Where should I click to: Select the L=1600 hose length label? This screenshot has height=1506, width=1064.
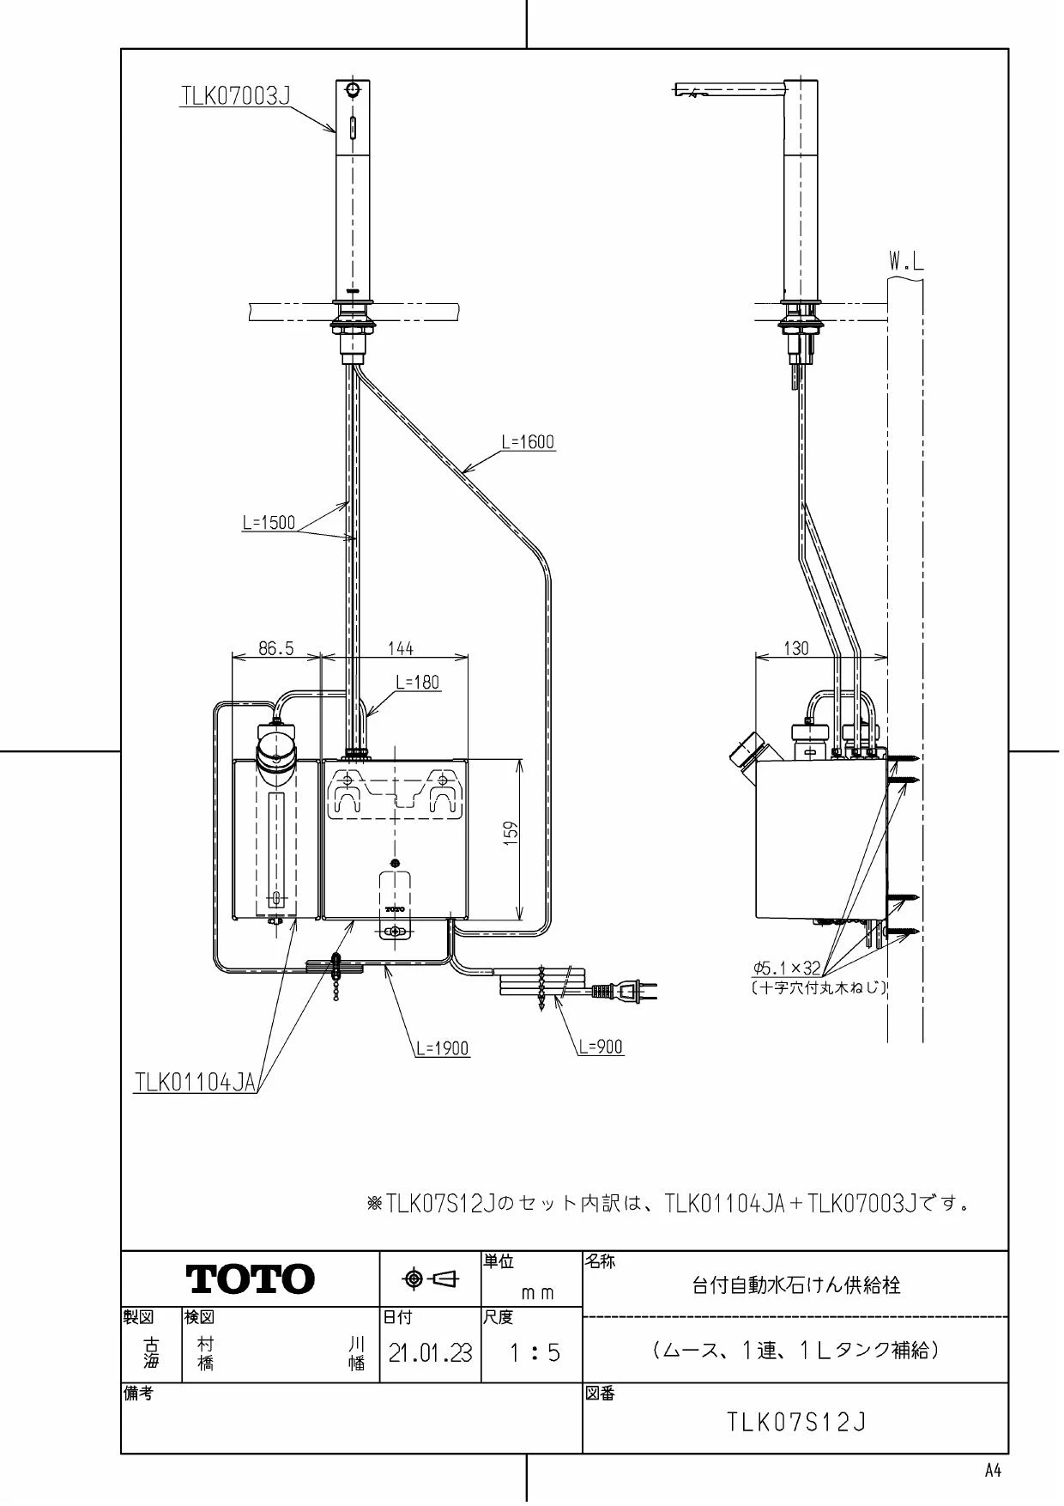point(528,442)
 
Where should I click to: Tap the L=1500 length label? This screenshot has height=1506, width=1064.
point(269,522)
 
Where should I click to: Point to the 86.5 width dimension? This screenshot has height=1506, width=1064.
point(275,648)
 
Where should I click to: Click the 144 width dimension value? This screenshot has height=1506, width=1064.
point(400,648)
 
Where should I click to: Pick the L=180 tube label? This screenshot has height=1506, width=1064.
point(417,683)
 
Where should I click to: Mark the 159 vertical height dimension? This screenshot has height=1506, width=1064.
point(510,832)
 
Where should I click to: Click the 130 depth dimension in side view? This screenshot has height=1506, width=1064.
point(796,648)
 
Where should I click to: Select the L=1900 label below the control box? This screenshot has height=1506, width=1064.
point(443,1048)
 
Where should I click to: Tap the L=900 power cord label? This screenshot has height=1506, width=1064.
point(601,1047)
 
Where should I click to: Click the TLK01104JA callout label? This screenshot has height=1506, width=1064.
point(196,1082)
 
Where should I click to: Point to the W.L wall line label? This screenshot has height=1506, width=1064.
point(906,263)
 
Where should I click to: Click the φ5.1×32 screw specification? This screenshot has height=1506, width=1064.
point(787,968)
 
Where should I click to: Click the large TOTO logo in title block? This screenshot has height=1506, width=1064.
point(251,1279)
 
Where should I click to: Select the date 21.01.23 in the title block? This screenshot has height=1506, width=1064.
point(430,1354)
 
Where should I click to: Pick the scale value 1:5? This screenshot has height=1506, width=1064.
point(534,1354)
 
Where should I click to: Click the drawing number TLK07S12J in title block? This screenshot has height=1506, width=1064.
point(796,1423)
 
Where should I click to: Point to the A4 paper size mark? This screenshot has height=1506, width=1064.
point(993,1472)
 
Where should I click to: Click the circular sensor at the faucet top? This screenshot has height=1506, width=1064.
point(352,89)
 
